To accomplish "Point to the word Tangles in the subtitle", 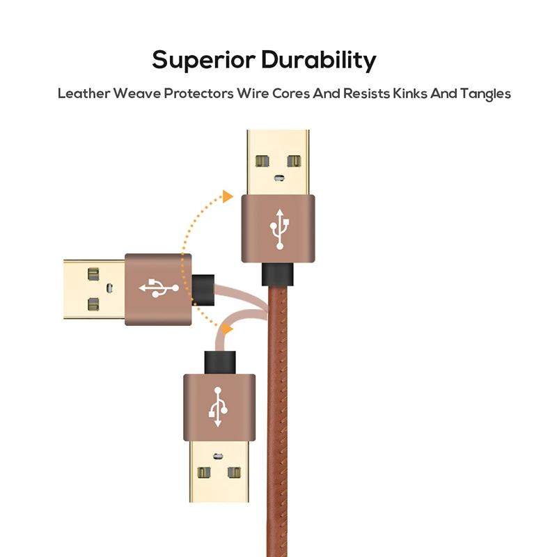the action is pos(485,93).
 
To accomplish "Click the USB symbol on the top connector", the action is pos(279,228).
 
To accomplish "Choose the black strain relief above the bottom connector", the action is pos(218,362).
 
